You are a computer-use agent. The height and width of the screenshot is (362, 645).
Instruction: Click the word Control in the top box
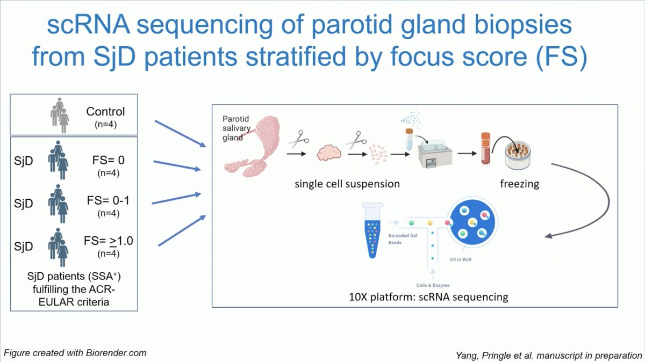point(105,112)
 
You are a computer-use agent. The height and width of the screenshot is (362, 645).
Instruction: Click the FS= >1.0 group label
point(110,241)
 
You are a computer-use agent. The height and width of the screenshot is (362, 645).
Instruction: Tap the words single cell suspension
point(347,184)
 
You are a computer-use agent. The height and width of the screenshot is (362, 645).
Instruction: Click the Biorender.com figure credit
point(75,353)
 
